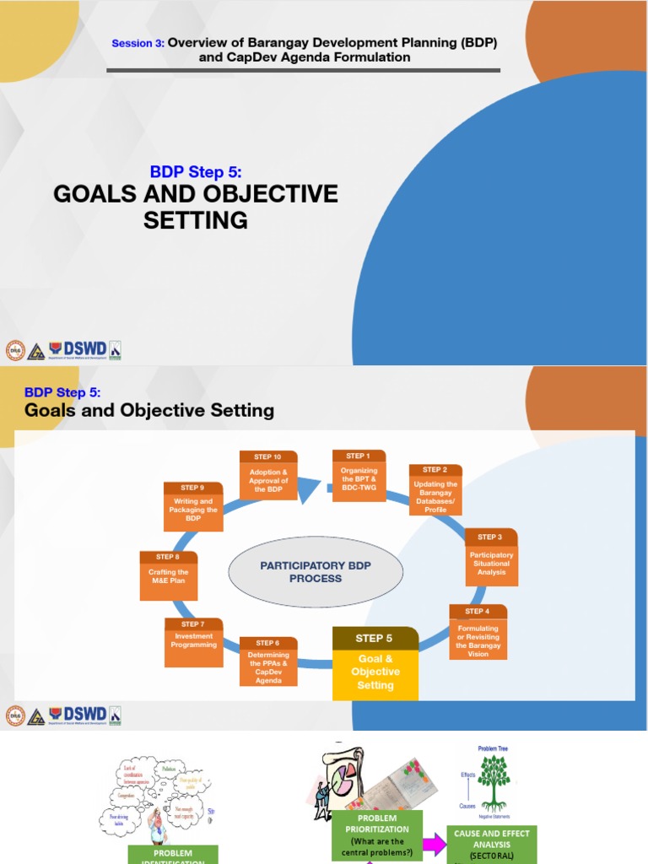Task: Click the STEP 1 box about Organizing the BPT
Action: pos(359,475)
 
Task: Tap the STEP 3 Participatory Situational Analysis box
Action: pos(491,557)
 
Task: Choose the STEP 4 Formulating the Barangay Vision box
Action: pos(478,632)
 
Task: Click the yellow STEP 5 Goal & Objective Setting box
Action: pos(375,664)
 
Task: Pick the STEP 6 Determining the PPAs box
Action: pos(268,661)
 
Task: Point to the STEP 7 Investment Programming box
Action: pos(195,641)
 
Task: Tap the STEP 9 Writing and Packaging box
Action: pos(193,506)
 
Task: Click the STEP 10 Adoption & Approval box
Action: pos(268,475)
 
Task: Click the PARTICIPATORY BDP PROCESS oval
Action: pos(303,572)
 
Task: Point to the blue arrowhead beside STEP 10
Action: pos(310,489)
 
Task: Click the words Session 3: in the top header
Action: pos(138,43)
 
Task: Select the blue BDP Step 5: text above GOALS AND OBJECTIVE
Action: pos(196,172)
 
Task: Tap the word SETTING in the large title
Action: pos(196,221)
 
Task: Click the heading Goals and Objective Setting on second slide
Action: pos(149,411)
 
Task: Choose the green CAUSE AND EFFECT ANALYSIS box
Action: pos(491,845)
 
